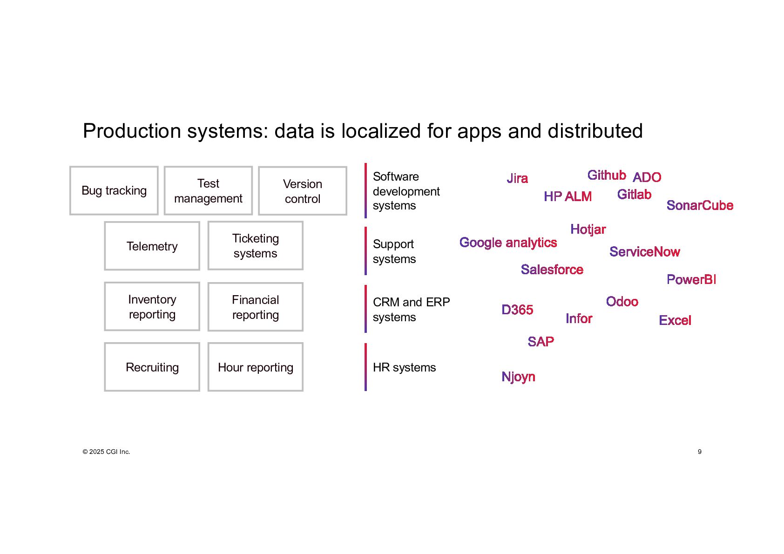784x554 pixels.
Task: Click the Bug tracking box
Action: coord(114,190)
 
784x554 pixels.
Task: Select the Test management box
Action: coord(208,190)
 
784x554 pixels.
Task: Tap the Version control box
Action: coord(303,191)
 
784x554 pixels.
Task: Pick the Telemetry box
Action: coord(152,246)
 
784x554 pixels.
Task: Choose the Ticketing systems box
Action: coord(256,245)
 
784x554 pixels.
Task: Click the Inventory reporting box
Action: coord(152,306)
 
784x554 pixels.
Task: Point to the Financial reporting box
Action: coord(256,307)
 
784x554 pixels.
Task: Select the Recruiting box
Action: coord(152,367)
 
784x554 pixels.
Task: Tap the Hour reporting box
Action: coord(256,367)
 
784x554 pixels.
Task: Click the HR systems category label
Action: coord(404,367)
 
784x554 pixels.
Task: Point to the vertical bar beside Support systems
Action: coord(365,251)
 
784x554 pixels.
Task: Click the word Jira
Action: coord(517,178)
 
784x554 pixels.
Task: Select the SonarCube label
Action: coord(700,205)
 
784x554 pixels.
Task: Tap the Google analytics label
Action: coord(508,243)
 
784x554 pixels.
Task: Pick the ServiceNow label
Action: coord(644,252)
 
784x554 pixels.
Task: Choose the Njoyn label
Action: coord(518,377)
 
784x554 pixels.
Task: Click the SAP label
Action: coord(541,342)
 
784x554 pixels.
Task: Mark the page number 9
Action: coord(699,452)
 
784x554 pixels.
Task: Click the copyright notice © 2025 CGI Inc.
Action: coord(106,452)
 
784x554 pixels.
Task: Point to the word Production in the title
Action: coord(132,131)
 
